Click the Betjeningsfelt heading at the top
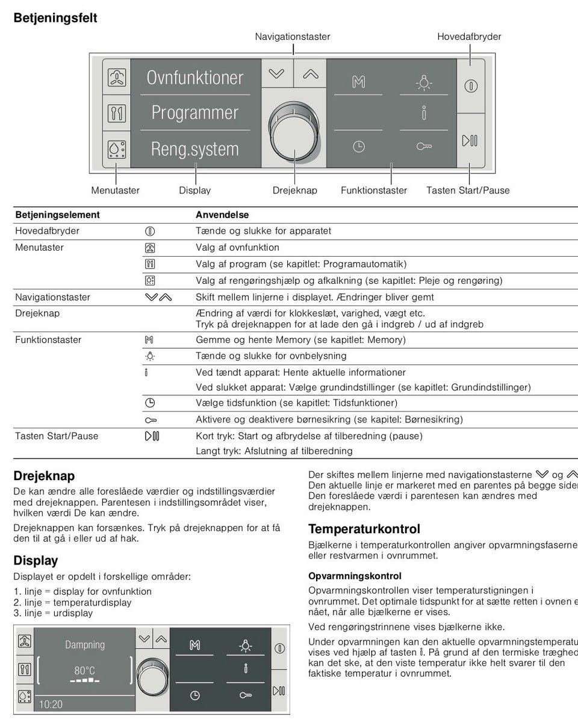tap(55, 18)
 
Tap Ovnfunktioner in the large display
tap(195, 78)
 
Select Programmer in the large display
tap(195, 113)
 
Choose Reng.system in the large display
tap(195, 149)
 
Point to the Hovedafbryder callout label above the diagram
tap(469, 37)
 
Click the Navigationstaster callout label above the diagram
tap(293, 37)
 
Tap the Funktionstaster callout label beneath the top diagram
tap(374, 190)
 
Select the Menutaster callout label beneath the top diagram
tap(116, 190)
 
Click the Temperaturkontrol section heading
tap(364, 529)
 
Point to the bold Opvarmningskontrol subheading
tap(355, 576)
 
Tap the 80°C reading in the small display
tap(85, 671)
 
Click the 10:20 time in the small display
tap(51, 704)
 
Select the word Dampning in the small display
tap(85, 645)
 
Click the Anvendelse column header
tap(222, 214)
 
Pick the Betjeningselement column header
tap(57, 214)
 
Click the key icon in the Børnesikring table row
tap(151, 419)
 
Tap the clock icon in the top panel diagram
tap(359, 146)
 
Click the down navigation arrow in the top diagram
tap(276, 74)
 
